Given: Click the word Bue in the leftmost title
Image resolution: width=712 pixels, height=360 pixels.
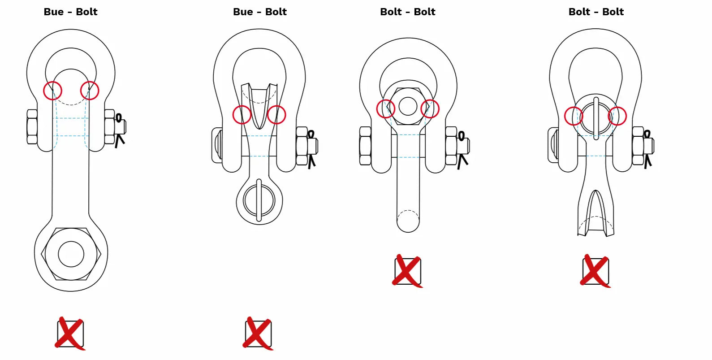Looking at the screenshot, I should point(54,12).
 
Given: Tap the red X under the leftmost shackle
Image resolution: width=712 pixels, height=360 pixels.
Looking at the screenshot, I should point(70,334).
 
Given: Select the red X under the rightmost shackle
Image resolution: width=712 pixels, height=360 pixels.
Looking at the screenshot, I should point(595,271).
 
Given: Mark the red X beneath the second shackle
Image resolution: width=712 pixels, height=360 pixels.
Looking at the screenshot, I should point(258,334).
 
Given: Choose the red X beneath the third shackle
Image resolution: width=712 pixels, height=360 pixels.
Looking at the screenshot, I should point(408,271).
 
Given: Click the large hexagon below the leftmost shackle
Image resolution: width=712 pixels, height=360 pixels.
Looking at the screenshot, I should point(71,254).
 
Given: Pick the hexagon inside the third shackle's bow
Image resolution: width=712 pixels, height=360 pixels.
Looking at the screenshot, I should point(408,107).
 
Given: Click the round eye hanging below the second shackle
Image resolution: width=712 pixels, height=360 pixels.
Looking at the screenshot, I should point(259,200).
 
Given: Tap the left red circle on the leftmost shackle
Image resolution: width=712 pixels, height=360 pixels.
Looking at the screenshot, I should point(52,91).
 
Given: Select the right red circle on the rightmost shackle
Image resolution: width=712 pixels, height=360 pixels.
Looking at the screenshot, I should point(617,116).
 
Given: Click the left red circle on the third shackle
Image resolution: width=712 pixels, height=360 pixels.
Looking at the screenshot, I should point(386,108).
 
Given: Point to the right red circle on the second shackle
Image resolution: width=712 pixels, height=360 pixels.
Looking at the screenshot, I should point(276,115).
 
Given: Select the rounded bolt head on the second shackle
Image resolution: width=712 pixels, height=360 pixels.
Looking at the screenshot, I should point(216,145).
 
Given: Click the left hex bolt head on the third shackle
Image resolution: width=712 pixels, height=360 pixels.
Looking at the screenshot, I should point(365,146).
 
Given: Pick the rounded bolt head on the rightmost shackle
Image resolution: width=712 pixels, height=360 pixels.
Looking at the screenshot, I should point(552,145).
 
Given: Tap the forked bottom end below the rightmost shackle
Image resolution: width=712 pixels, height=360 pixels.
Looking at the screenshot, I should point(595,215).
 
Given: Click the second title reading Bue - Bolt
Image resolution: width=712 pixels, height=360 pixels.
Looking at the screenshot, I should point(260,12).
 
